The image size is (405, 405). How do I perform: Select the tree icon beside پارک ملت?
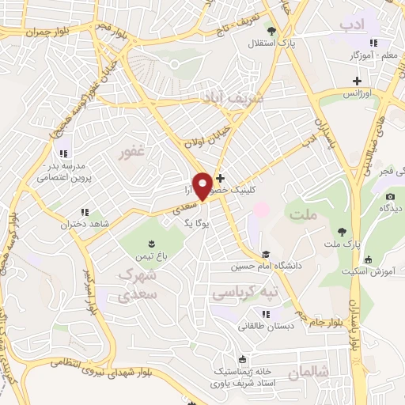click(x=342, y=232)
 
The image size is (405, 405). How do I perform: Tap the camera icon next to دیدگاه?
click(x=389, y=196)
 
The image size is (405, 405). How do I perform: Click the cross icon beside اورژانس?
click(x=358, y=81)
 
